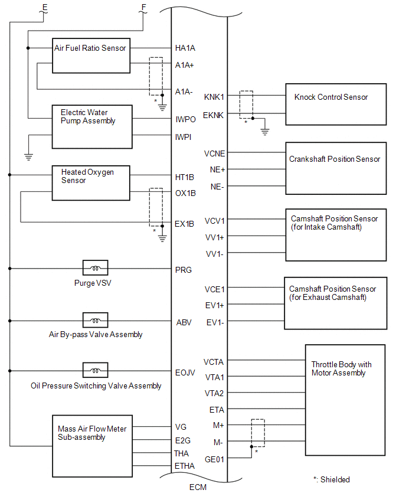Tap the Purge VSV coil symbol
pyautogui.click(x=95, y=268)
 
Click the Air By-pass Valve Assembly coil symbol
pyautogui.click(x=95, y=320)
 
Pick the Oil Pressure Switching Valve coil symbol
pyautogui.click(x=95, y=370)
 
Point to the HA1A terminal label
pyautogui.click(x=185, y=48)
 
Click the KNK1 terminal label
pyautogui.click(x=214, y=97)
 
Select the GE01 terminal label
pyautogui.click(x=214, y=459)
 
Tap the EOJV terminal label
pyautogui.click(x=185, y=373)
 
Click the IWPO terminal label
pyautogui.click(x=185, y=119)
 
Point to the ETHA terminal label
pyautogui.click(x=184, y=466)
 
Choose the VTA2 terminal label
pyautogui.click(x=214, y=393)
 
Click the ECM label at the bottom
pyautogui.click(x=198, y=487)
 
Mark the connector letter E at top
pyautogui.click(x=45, y=8)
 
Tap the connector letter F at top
pyautogui.click(x=143, y=7)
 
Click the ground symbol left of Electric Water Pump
pyautogui.click(x=28, y=157)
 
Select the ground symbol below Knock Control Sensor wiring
pyautogui.click(x=264, y=132)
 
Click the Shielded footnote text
pyautogui.click(x=332, y=479)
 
